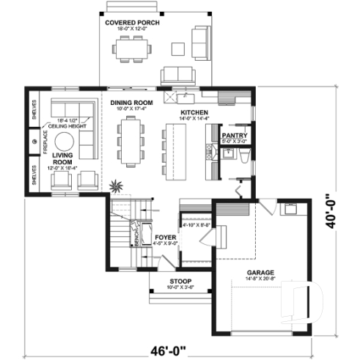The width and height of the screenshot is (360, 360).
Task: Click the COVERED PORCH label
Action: click(133, 23)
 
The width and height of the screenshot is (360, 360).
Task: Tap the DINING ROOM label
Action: click(131, 103)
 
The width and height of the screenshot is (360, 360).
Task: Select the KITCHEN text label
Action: click(194, 112)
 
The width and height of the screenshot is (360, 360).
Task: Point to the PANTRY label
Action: click(234, 136)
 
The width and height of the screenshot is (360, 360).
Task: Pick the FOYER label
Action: click(164, 238)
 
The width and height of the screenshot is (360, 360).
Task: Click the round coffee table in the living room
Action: click(67, 142)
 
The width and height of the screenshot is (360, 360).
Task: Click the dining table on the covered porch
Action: click(133, 49)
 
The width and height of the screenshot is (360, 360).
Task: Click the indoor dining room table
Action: click(133, 143)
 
